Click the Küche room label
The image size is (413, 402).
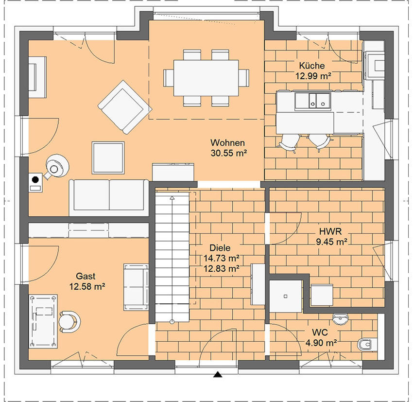click(x=311, y=65)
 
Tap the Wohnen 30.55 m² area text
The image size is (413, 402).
click(x=229, y=153)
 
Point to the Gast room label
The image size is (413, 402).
click(x=86, y=276)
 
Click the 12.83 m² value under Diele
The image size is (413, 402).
click(x=222, y=268)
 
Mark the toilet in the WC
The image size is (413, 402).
click(x=365, y=344)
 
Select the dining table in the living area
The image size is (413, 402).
click(x=206, y=78)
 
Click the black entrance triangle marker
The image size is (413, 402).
click(x=217, y=374)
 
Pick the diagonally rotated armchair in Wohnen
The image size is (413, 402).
click(x=125, y=107)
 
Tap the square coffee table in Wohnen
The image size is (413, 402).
click(x=108, y=158)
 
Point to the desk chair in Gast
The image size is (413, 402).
click(x=69, y=322)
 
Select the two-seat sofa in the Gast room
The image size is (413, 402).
click(x=136, y=287)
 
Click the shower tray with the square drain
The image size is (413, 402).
click(x=286, y=297)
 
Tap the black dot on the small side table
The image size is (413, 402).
click(x=35, y=180)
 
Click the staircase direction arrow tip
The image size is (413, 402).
click(x=172, y=197)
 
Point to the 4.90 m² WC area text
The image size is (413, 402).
click(x=321, y=343)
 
